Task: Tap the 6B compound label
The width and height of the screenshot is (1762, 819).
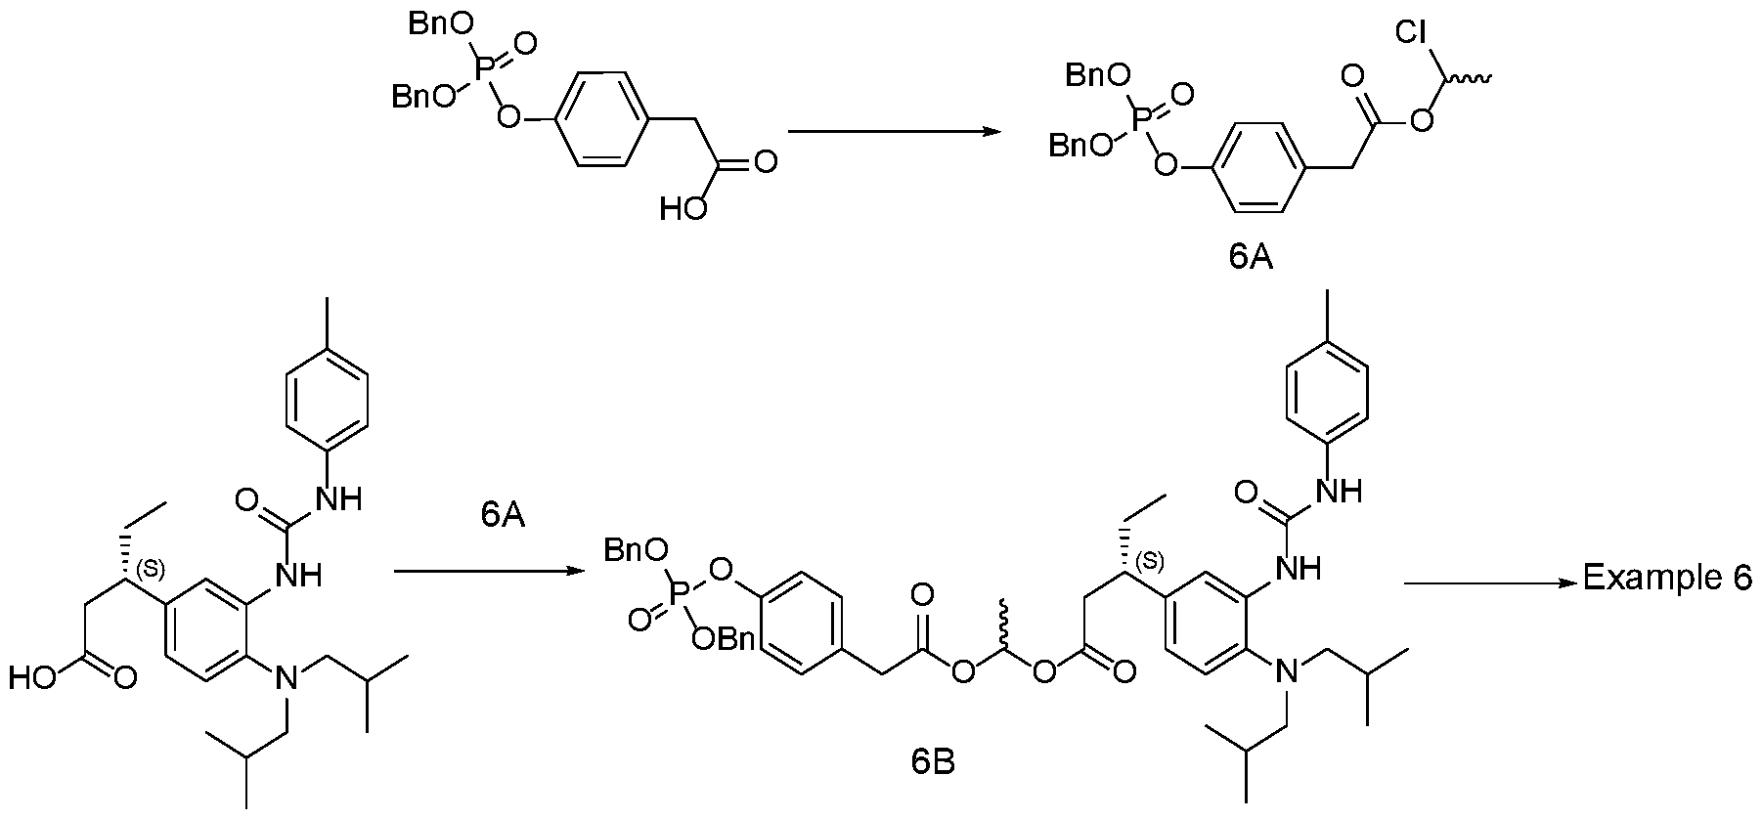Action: tap(933, 760)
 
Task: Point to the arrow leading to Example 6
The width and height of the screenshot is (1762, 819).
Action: tap(1491, 582)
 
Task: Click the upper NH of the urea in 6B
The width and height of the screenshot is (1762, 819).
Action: tap(1339, 489)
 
